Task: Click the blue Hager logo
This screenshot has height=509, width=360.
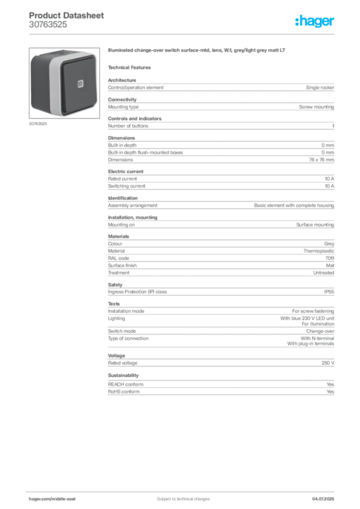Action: coord(315,21)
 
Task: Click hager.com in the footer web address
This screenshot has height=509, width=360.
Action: coord(40,499)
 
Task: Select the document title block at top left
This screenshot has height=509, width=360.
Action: coord(60,20)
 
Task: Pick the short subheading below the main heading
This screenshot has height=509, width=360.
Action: coord(131,67)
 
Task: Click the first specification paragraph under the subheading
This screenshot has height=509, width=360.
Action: coord(221,86)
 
